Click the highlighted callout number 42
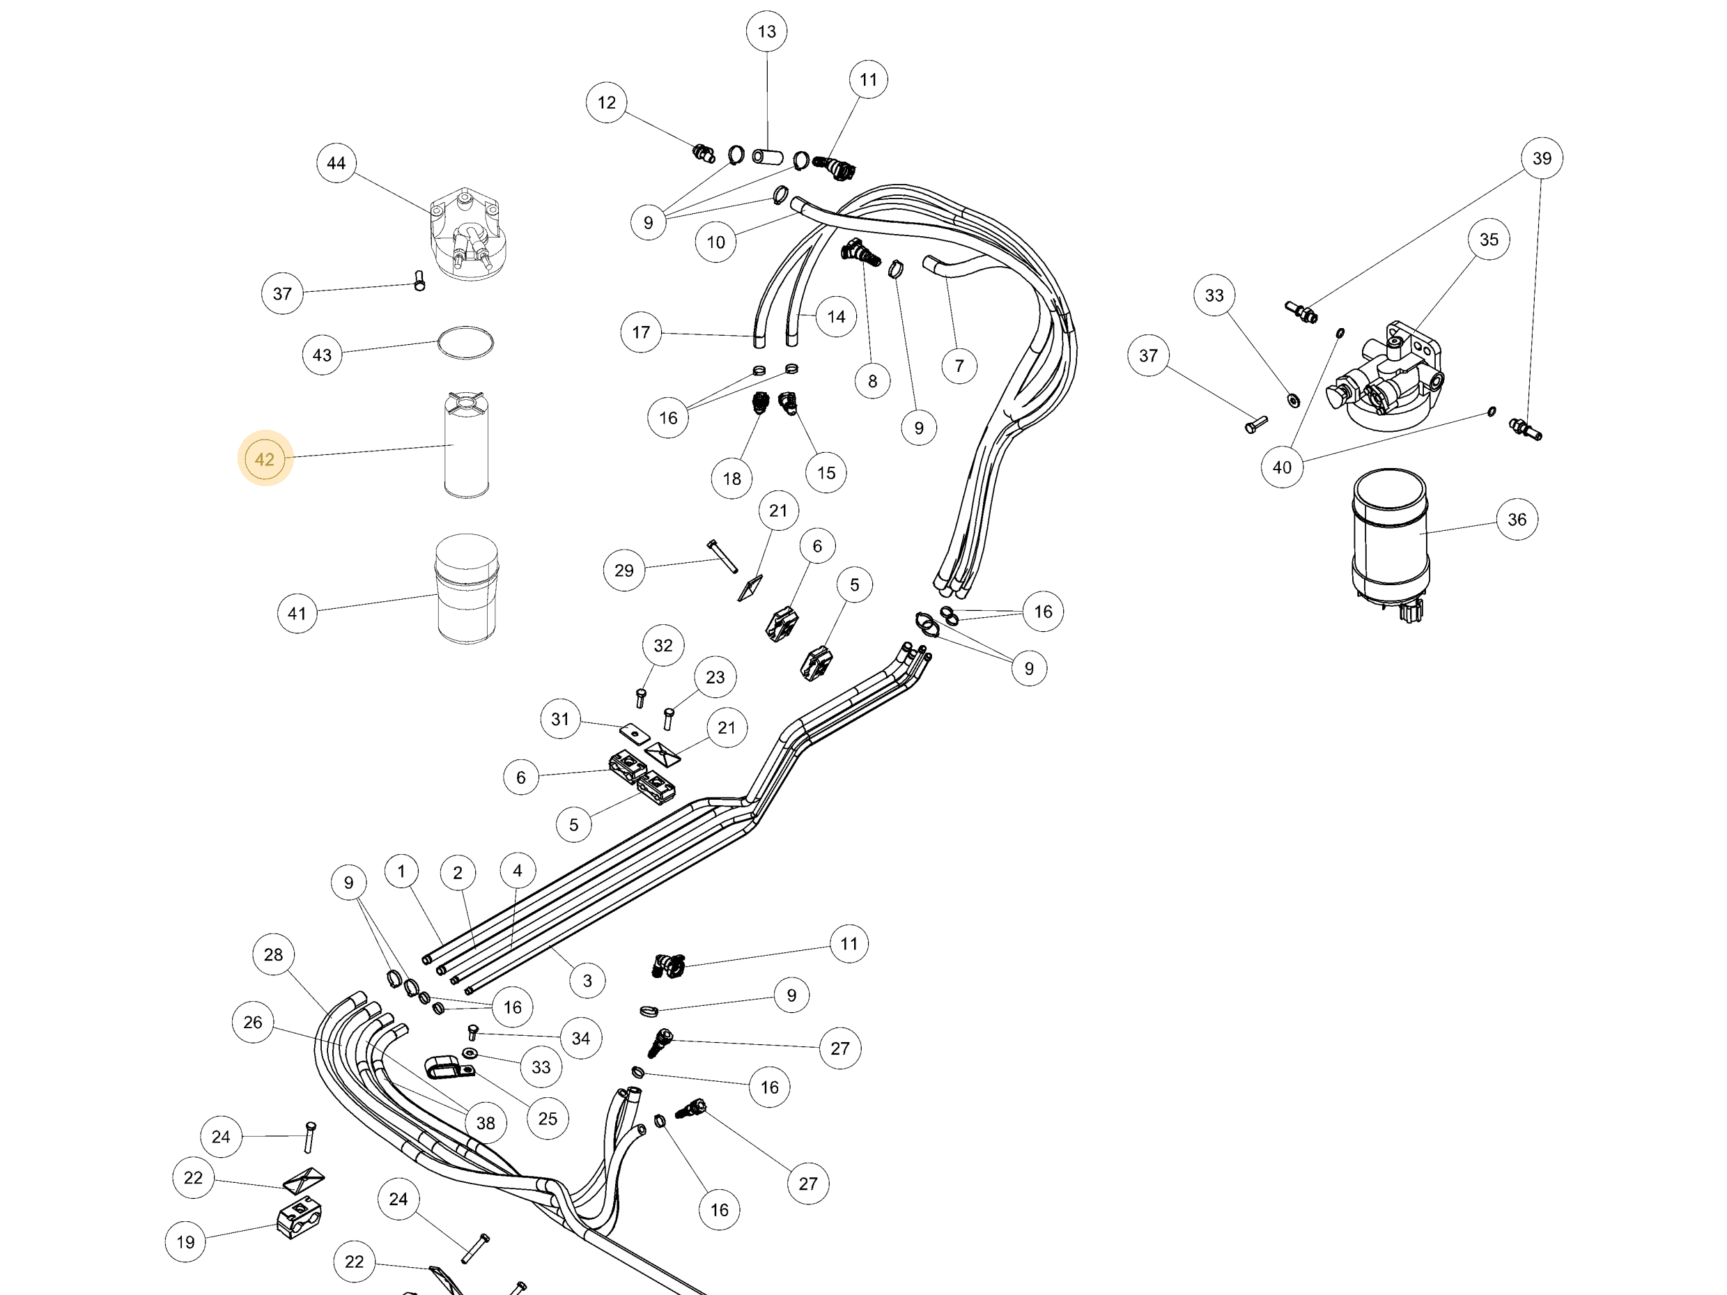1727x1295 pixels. (x=265, y=459)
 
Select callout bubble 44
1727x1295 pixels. (x=336, y=163)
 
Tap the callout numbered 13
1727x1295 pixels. (x=767, y=31)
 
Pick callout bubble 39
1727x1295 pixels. (x=1542, y=158)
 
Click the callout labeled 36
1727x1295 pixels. (x=1517, y=519)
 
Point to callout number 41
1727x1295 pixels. (x=297, y=614)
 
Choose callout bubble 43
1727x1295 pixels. (x=323, y=355)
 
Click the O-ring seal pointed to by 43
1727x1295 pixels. (x=465, y=343)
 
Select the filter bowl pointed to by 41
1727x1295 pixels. (x=466, y=589)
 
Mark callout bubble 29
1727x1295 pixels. (x=624, y=571)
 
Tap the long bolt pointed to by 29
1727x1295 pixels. (x=722, y=556)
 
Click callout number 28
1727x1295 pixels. (x=273, y=954)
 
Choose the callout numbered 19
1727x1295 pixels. (x=186, y=1242)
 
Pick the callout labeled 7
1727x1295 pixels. (x=959, y=366)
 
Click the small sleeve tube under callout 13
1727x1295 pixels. (x=768, y=157)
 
